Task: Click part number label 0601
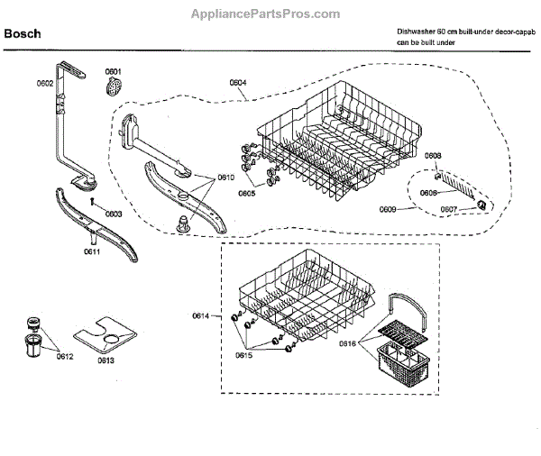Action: [x=113, y=70]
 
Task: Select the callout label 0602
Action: [x=45, y=83]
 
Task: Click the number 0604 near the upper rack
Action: [x=238, y=83]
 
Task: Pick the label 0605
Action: [x=246, y=193]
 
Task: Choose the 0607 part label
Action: [x=448, y=209]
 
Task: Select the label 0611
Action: [x=92, y=254]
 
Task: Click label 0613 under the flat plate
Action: [x=105, y=360]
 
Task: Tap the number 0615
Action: [x=244, y=355]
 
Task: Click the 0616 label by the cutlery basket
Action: [x=348, y=342]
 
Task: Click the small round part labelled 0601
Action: [x=114, y=87]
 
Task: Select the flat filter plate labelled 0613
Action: [x=104, y=336]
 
